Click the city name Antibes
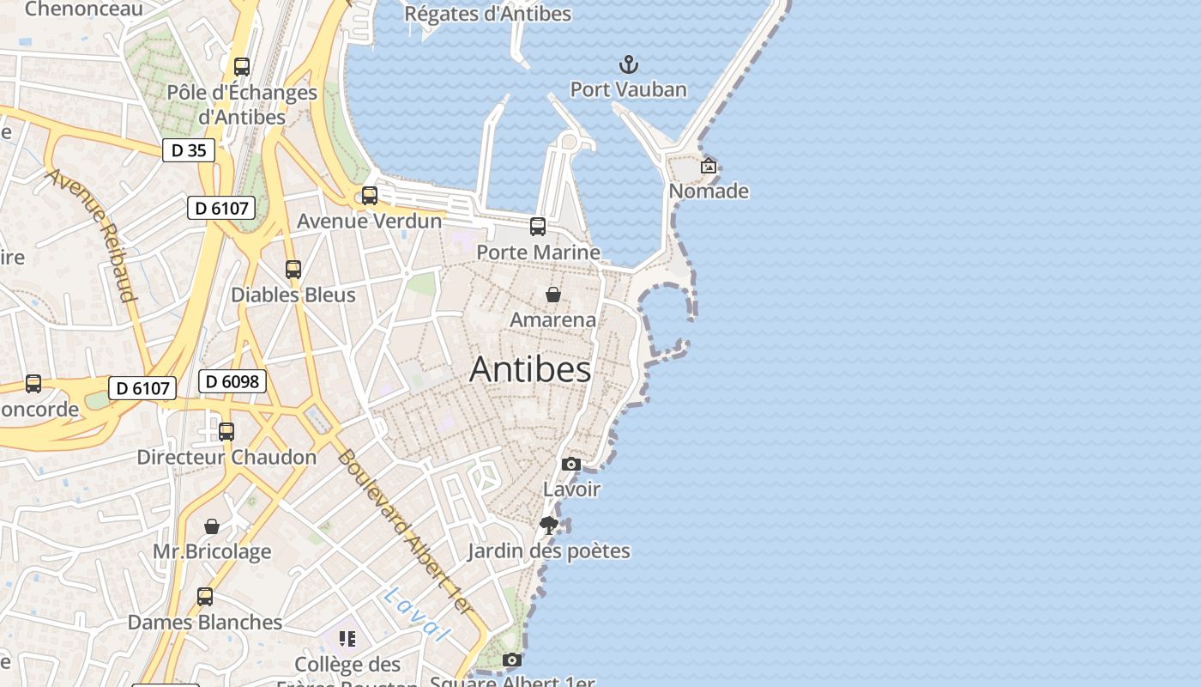(x=530, y=369)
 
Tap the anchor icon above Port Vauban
(x=629, y=64)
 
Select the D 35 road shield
(x=189, y=150)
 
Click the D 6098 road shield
(x=232, y=381)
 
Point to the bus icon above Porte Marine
(x=538, y=227)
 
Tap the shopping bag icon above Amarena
(x=553, y=295)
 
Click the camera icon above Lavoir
(x=570, y=465)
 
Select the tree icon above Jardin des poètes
(x=549, y=525)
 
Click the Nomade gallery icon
(x=709, y=166)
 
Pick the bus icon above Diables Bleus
(x=293, y=270)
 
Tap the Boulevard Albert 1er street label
(x=405, y=532)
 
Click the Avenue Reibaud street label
(x=93, y=234)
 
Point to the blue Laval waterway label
(x=417, y=614)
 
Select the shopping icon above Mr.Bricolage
(x=212, y=526)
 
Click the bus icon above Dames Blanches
(x=205, y=597)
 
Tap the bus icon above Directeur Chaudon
(x=226, y=432)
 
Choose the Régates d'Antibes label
(x=487, y=14)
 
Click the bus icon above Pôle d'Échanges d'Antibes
(x=242, y=67)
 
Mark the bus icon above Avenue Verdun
(x=370, y=196)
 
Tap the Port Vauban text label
(x=629, y=89)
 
